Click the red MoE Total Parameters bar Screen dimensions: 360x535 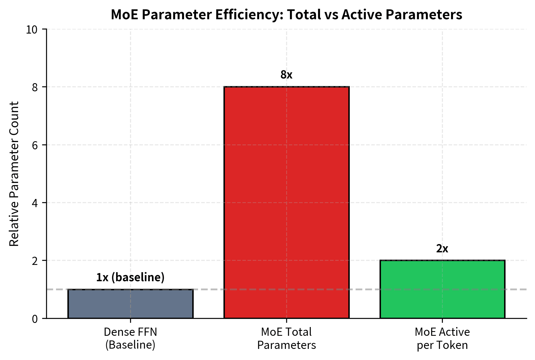[x=286, y=202]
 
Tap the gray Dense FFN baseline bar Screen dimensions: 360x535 [x=130, y=304]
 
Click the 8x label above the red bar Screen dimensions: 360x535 [x=286, y=75]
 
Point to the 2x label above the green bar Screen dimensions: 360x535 [x=442, y=249]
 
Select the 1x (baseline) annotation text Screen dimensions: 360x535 [x=130, y=277]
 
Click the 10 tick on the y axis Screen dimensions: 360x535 [x=32, y=29]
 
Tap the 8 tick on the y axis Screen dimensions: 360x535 [x=35, y=87]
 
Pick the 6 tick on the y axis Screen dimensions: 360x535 [x=35, y=145]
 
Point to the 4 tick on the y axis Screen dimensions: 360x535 [x=35, y=203]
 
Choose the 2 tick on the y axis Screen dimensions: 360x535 [x=35, y=261]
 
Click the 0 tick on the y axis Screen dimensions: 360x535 [x=35, y=319]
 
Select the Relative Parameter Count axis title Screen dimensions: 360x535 [x=14, y=174]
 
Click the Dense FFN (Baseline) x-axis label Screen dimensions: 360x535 [x=130, y=338]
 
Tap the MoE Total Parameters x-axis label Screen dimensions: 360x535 [x=286, y=338]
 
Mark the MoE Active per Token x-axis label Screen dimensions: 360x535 [x=442, y=338]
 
